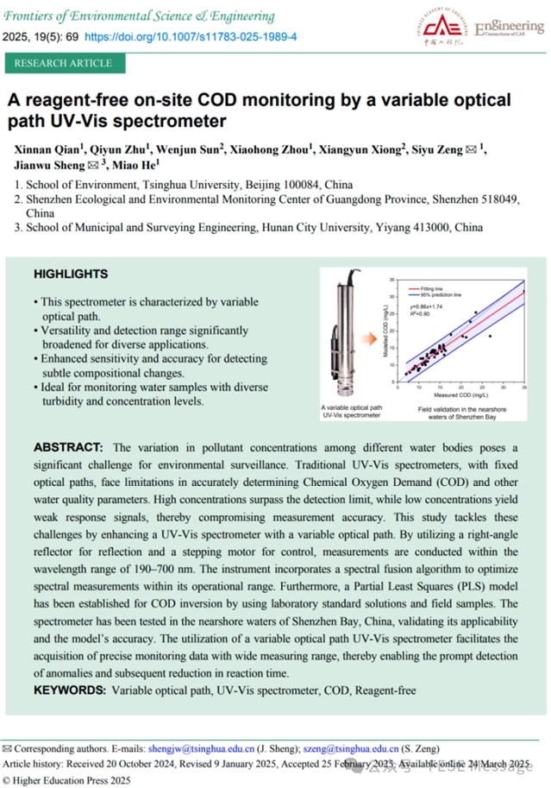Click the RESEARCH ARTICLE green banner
coord(63,63)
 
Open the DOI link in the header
coord(191,38)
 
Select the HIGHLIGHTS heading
coord(71,274)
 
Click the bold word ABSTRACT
coord(67,447)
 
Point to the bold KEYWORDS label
coord(71,690)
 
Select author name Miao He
coord(135,164)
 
